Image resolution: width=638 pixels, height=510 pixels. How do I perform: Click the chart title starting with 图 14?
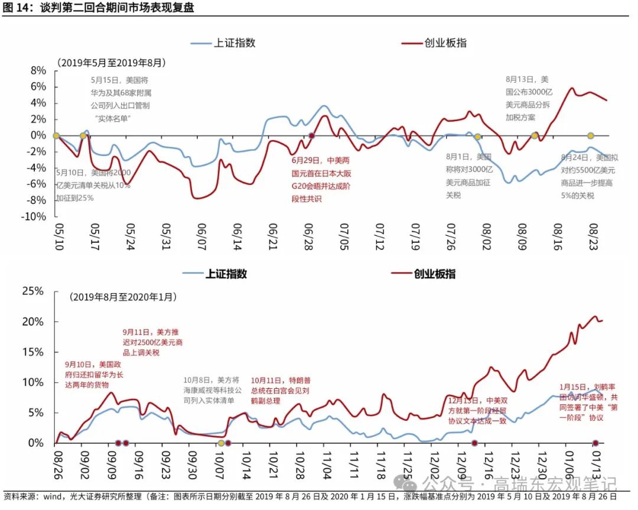click(x=98, y=8)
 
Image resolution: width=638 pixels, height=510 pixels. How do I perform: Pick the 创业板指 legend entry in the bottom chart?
click(x=435, y=274)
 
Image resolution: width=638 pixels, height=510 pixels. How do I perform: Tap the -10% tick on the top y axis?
click(x=34, y=216)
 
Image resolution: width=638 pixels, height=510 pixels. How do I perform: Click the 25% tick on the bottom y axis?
click(x=33, y=291)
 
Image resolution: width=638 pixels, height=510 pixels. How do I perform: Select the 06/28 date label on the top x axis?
click(x=310, y=236)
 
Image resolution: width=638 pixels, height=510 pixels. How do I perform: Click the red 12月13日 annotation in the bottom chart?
click(x=477, y=411)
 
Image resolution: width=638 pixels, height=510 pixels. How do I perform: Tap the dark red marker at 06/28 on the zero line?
click(x=311, y=136)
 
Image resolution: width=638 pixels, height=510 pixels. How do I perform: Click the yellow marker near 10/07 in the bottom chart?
click(x=221, y=443)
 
